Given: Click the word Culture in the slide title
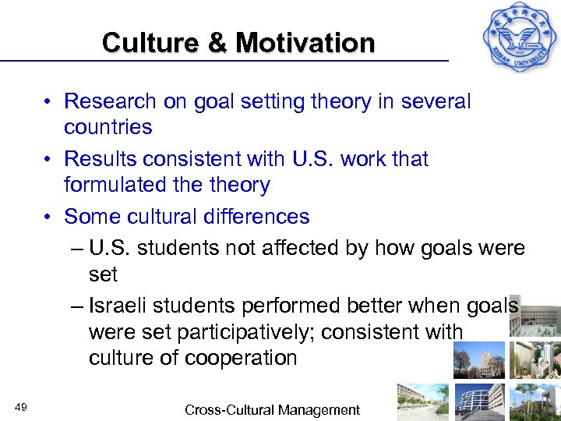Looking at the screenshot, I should pyautogui.click(x=146, y=42).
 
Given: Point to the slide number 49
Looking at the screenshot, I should pyautogui.click(x=21, y=406).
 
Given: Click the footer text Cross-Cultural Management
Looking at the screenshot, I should pyautogui.click(x=272, y=409).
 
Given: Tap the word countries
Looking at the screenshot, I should pyautogui.click(x=108, y=127).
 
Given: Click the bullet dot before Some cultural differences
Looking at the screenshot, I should pyautogui.click(x=48, y=217).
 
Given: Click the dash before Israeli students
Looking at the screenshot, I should pyautogui.click(x=75, y=306).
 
